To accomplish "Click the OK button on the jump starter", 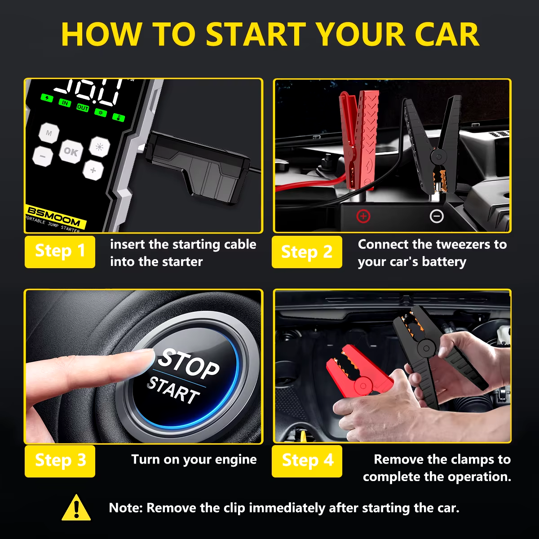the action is pyautogui.click(x=71, y=151).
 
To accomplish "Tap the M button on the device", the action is pyautogui.click(x=49, y=133).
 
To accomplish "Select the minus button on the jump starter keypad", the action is pyautogui.click(x=43, y=156).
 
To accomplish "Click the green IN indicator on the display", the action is pyautogui.click(x=65, y=103).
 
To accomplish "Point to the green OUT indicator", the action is pyautogui.click(x=83, y=108).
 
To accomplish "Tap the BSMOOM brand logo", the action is pyautogui.click(x=54, y=216).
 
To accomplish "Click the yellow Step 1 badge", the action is pyautogui.click(x=60, y=252).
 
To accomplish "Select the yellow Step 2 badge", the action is pyautogui.click(x=307, y=252).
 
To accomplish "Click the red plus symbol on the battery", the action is pyautogui.click(x=363, y=216).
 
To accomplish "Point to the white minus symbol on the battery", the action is pyautogui.click(x=436, y=216).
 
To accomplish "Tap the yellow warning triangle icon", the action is pyautogui.click(x=76, y=507).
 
